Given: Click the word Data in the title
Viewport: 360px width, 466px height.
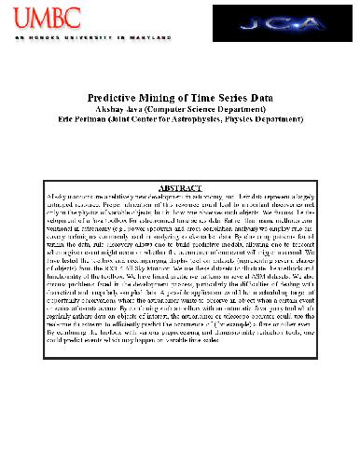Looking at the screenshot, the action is pyautogui.click(x=263, y=96).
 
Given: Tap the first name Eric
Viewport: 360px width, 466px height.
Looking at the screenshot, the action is pyautogui.click(x=64, y=119).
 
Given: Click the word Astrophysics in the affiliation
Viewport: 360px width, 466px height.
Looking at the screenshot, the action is pyautogui.click(x=215, y=119).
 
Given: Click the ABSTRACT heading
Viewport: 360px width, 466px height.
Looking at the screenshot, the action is pyautogui.click(x=180, y=189).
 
